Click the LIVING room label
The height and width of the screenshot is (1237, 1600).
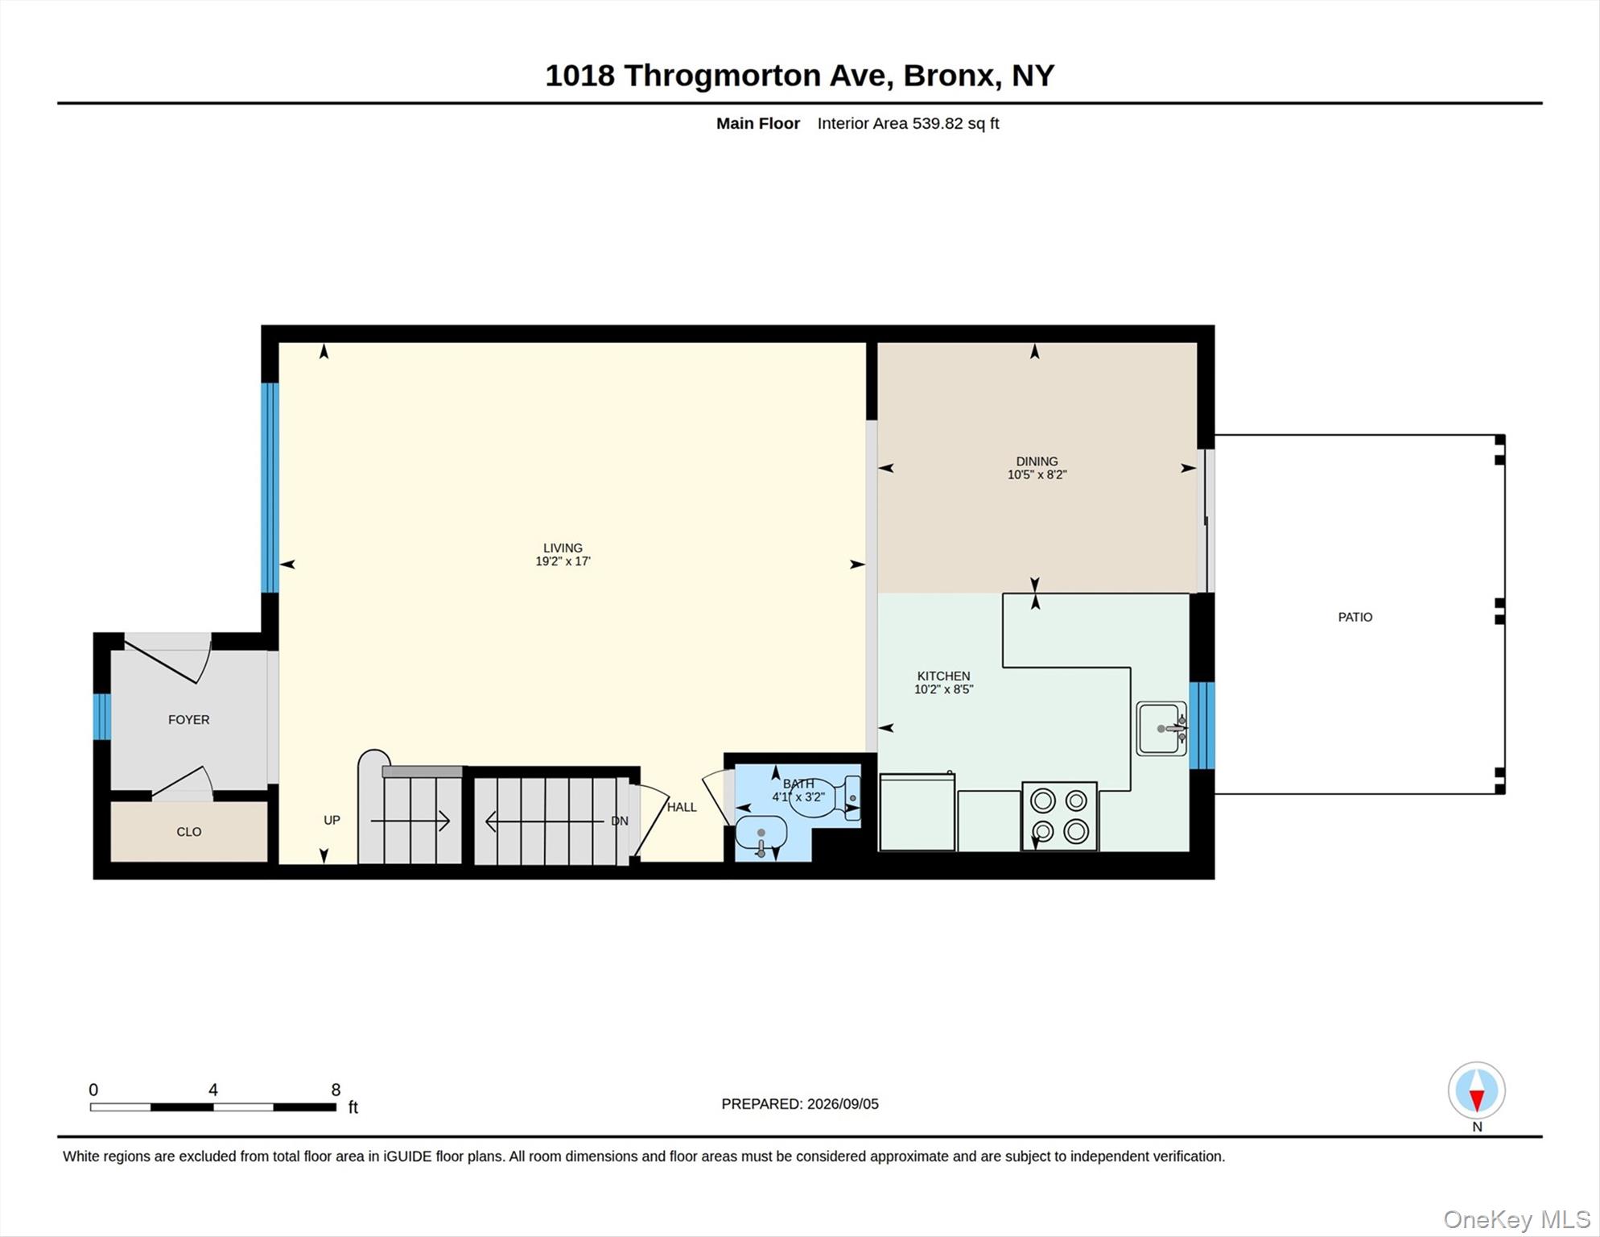[563, 548]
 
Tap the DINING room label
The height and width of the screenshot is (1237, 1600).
[1037, 461]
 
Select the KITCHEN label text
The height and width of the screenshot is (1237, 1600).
[943, 676]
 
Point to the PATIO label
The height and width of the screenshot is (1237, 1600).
[1355, 617]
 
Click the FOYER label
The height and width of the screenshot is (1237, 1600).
[188, 720]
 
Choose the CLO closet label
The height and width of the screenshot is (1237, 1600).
[189, 832]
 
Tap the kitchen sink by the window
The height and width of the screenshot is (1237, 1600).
[1161, 729]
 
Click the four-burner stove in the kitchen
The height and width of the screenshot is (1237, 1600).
[1059, 816]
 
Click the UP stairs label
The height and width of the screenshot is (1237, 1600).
[332, 821]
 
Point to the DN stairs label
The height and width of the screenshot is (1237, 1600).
[619, 821]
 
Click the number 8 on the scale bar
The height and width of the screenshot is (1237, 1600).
[336, 1090]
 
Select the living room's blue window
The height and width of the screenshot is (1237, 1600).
[270, 488]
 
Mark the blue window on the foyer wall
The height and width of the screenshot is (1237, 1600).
[101, 717]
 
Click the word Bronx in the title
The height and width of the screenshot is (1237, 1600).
[948, 76]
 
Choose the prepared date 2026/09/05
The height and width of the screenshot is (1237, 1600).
[843, 1104]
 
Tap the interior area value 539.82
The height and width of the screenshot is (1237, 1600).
[938, 123]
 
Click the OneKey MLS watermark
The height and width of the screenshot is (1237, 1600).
[1516, 1220]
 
